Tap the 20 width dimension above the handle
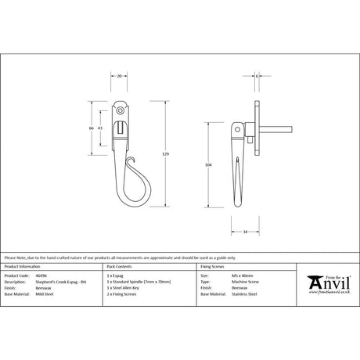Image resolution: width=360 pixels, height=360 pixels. [x=118, y=78]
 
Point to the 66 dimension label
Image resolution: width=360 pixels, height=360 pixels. [x=92, y=128]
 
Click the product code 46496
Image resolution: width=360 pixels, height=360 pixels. [x=41, y=276]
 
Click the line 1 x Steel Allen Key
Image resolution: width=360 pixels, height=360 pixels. [x=131, y=288]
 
